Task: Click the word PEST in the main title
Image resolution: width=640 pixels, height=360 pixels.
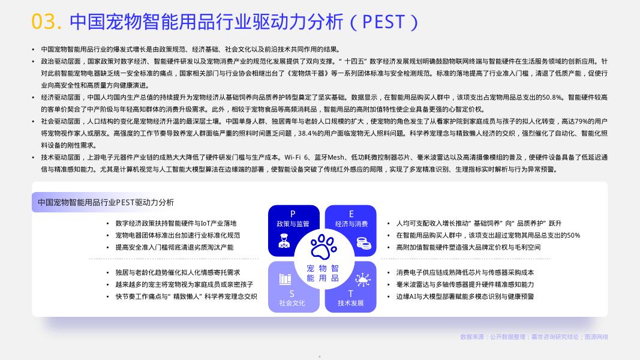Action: click(384, 22)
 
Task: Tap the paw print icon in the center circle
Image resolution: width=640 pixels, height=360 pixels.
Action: click(323, 247)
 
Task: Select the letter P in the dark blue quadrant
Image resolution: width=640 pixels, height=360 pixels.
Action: click(293, 214)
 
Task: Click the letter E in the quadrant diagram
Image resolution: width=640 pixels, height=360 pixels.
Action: click(351, 214)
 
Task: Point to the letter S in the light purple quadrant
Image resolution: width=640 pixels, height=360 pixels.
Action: click(292, 294)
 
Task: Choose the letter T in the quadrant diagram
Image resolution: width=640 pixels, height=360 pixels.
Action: click(351, 294)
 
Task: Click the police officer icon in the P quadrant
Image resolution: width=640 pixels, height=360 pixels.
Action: click(284, 241)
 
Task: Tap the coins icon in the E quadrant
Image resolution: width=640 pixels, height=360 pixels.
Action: click(363, 243)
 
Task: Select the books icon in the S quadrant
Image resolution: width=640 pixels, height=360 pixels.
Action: click(286, 279)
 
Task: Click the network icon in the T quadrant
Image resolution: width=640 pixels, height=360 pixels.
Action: click(362, 280)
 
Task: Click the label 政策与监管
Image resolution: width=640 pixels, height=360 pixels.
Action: click(293, 224)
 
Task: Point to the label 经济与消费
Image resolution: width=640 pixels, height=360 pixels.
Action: click(351, 224)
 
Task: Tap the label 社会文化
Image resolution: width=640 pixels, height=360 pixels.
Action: click(292, 303)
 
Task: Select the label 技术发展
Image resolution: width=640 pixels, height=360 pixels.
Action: click(351, 303)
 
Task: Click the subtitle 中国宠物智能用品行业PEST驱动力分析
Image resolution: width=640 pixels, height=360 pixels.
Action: click(106, 202)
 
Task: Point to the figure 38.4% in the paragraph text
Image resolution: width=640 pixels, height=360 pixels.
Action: click(310, 133)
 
